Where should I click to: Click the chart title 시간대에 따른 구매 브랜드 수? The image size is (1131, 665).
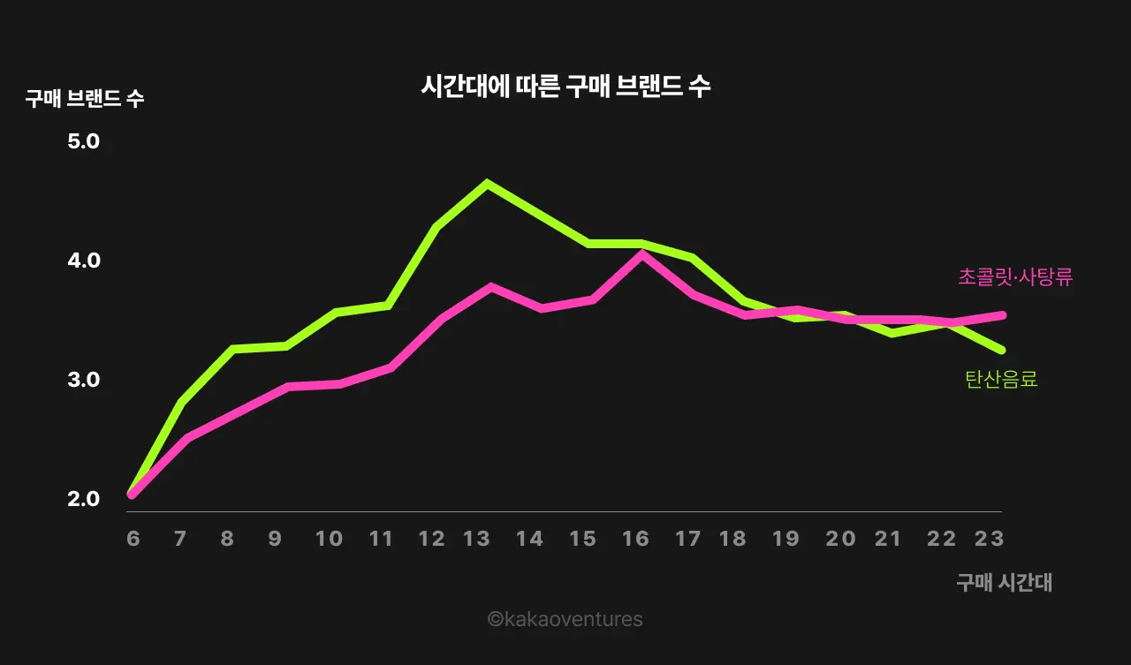[x=565, y=87]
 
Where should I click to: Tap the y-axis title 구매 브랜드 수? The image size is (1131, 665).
[x=85, y=99]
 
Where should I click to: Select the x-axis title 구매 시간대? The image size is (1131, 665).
[x=1004, y=583]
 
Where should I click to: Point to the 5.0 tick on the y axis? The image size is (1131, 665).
[x=84, y=141]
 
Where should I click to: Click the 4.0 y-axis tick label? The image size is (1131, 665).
[x=84, y=261]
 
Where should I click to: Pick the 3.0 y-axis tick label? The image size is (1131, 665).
[x=84, y=380]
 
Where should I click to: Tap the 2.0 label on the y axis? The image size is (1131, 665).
[x=84, y=499]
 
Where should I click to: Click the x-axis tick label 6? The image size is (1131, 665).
[x=133, y=539]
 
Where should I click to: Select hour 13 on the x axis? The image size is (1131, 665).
[x=477, y=539]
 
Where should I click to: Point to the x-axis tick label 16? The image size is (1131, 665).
[x=635, y=539]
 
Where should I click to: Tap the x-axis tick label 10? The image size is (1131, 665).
[x=329, y=539]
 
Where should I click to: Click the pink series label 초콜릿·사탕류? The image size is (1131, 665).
[x=1015, y=277]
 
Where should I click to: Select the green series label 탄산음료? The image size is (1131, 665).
[x=1001, y=380]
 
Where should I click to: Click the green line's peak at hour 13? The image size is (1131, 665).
[x=487, y=183]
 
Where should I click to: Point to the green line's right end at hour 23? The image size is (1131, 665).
[x=1002, y=350]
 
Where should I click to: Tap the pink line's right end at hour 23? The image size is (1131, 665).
[x=1002, y=314]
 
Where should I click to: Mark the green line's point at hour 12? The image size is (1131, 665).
[x=436, y=227]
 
